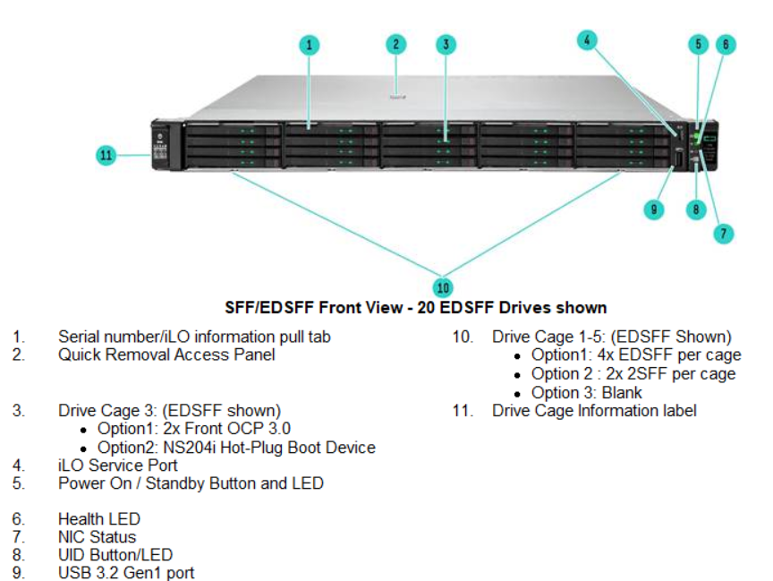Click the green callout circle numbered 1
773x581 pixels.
pos(308,44)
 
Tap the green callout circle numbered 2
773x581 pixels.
pos(396,43)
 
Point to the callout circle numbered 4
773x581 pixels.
pos(586,39)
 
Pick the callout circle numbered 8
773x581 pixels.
pos(697,209)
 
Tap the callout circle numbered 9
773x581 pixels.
pos(655,209)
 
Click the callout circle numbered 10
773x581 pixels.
pos(443,286)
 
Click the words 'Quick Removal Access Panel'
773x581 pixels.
pos(166,355)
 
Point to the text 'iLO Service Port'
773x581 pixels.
pos(117,466)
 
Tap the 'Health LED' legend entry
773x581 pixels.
pos(98,519)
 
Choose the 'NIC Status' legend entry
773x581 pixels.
pos(97,537)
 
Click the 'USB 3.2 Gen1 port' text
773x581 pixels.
pos(125,573)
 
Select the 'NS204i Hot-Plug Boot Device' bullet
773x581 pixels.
pos(236,448)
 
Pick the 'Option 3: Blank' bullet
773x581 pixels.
pos(586,392)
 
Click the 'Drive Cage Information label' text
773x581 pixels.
pos(594,410)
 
